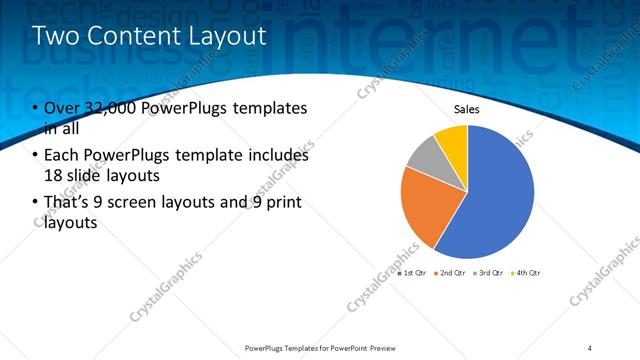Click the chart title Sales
pyautogui.click(x=467, y=109)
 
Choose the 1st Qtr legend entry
pyautogui.click(x=414, y=272)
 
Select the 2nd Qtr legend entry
pyautogui.click(x=451, y=272)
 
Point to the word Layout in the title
pyautogui.click(x=228, y=37)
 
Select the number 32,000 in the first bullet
pyautogui.click(x=112, y=108)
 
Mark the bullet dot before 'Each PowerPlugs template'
pyautogui.click(x=37, y=155)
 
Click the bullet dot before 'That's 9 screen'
pyautogui.click(x=37, y=203)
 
